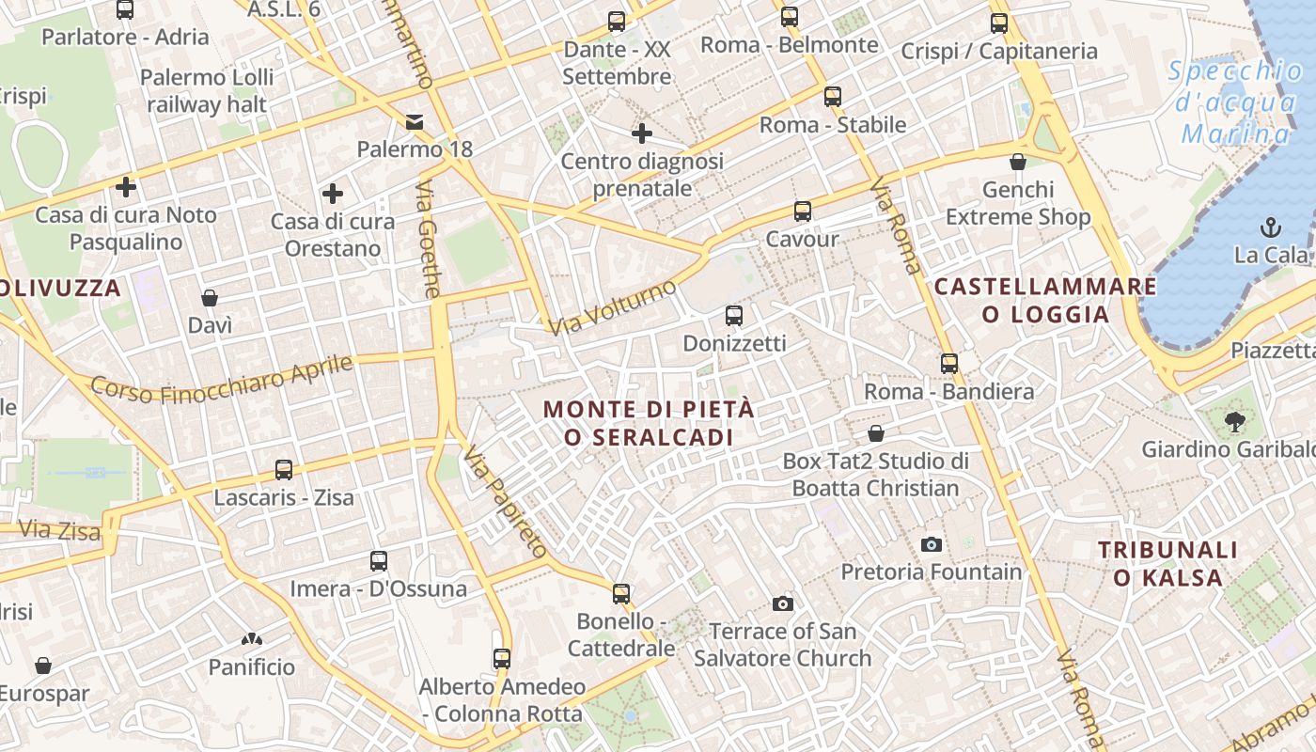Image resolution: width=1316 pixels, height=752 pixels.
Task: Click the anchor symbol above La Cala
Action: (x=1271, y=227)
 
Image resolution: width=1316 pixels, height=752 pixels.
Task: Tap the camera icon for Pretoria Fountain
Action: (x=932, y=544)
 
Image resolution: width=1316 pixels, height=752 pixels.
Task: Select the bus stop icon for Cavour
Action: (x=802, y=211)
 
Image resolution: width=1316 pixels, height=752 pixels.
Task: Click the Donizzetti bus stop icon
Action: (x=734, y=316)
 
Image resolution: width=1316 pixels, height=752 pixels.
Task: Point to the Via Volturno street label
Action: (x=613, y=307)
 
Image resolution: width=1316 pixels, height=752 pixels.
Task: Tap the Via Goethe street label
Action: (x=428, y=240)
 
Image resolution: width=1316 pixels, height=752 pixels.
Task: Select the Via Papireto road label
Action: (x=505, y=502)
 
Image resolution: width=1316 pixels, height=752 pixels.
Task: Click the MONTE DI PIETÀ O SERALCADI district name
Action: (x=649, y=423)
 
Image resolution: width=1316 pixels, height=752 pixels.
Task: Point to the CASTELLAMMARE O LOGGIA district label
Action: (x=1045, y=300)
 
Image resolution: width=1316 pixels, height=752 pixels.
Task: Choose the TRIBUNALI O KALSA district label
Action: (x=1167, y=563)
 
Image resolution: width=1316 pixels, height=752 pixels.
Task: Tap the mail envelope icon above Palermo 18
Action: (x=415, y=122)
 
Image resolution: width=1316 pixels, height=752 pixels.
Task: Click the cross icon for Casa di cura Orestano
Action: (x=333, y=194)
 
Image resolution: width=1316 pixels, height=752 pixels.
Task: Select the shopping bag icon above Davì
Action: (x=210, y=298)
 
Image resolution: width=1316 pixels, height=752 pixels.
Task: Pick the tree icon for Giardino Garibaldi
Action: (x=1234, y=422)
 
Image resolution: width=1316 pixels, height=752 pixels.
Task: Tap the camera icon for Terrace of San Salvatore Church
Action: (x=782, y=603)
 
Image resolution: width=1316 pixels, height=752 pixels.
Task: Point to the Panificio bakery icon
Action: (x=251, y=640)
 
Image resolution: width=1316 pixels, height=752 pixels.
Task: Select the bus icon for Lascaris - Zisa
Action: (x=284, y=469)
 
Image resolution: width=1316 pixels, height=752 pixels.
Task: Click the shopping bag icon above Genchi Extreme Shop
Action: (x=1017, y=162)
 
